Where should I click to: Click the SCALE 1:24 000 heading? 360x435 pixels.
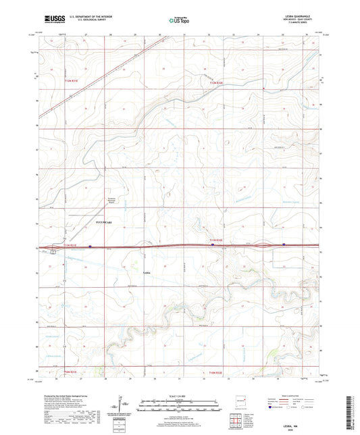(180, 395)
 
